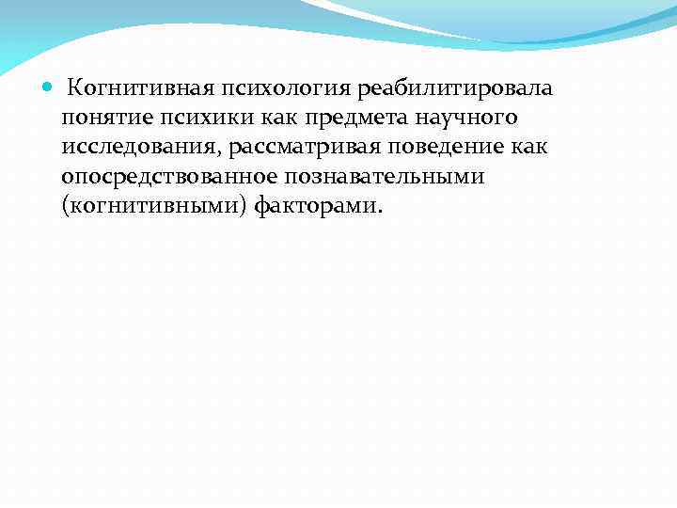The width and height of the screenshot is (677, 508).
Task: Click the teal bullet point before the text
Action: tap(49, 88)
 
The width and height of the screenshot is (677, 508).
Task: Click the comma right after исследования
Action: tap(223, 154)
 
